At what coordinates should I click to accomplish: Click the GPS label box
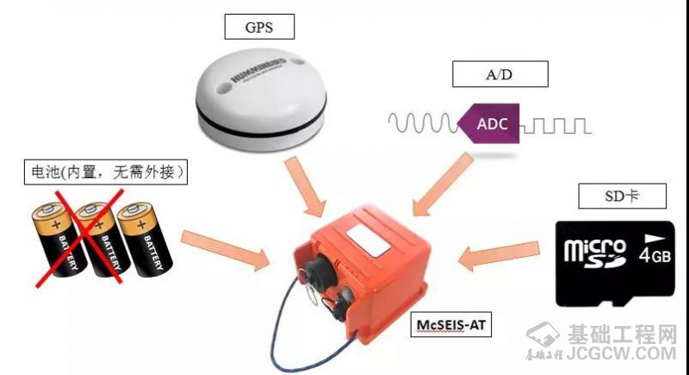coord(259,27)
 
